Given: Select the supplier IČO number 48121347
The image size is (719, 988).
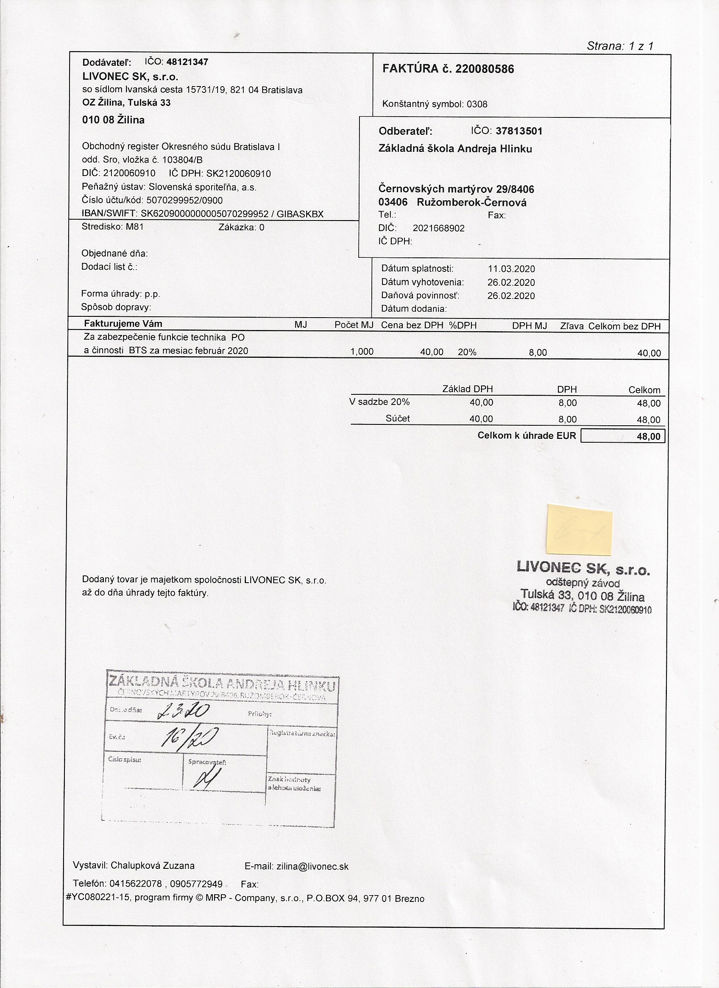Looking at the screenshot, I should point(187,62).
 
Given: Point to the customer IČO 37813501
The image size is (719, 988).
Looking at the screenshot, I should point(518,131).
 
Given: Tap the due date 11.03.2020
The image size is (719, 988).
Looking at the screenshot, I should point(511,269).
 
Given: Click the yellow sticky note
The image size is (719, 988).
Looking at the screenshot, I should point(579,529).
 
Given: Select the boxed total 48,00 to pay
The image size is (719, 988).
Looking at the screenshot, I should point(623,436).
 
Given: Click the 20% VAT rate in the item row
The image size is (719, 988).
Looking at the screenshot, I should point(467,352).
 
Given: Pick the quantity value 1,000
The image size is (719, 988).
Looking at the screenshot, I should point(362,352).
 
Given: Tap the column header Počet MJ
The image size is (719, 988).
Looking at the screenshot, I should point(354,325).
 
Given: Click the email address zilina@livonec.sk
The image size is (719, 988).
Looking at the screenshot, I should point(312,866).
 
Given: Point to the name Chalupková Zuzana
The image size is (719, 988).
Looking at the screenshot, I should point(153,865).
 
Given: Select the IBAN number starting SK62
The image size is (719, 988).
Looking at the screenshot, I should point(204,214).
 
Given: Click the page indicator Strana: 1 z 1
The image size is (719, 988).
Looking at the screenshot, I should point(620,46).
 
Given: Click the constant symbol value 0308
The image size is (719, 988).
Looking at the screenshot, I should point(477,104).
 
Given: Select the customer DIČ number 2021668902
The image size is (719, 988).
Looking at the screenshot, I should point(438,228).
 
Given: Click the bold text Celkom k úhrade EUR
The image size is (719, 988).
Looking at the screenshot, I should point(526,435).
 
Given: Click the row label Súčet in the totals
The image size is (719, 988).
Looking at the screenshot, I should point(397,419).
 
